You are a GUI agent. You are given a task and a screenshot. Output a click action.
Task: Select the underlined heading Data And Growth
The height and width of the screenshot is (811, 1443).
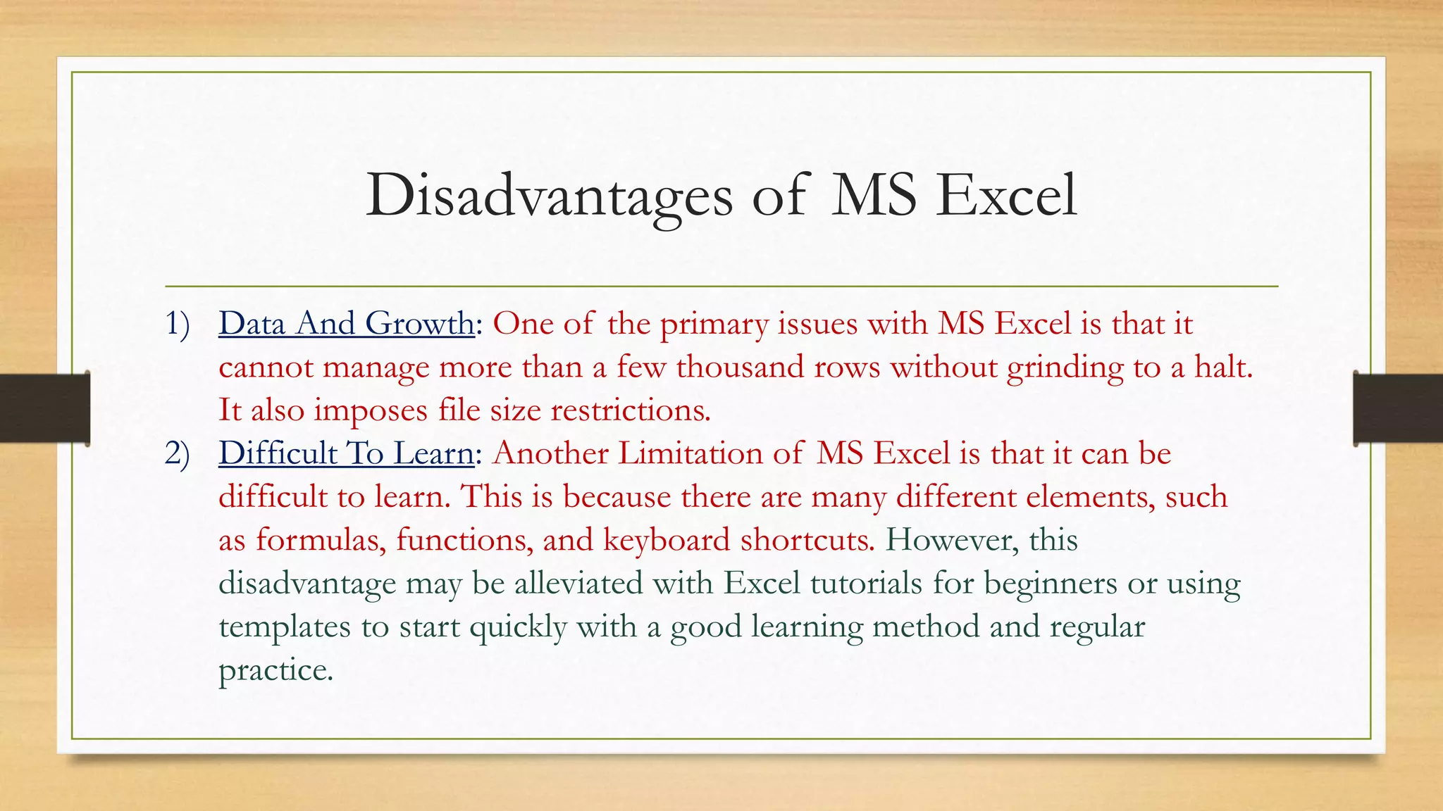(347, 324)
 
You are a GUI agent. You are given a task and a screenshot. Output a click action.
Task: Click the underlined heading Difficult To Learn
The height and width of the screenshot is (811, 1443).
(346, 453)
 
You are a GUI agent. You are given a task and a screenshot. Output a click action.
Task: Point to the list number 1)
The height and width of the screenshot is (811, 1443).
(178, 324)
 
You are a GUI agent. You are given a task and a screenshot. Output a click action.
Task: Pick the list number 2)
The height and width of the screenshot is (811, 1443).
(178, 453)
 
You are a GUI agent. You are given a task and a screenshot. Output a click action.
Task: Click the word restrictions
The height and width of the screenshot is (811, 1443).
(630, 410)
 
